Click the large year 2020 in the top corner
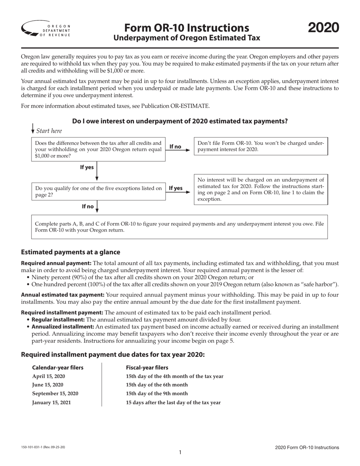323,28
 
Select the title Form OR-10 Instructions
187,28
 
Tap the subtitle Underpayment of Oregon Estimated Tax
187,38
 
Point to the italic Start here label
49,131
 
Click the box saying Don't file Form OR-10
261,146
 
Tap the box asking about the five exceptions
98,192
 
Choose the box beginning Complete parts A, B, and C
179,227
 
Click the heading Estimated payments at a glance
70,252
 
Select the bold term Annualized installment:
63,327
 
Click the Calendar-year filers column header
58,367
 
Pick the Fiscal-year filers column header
147,367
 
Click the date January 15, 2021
52,402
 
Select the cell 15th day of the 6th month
157,385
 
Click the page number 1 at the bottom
180,452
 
